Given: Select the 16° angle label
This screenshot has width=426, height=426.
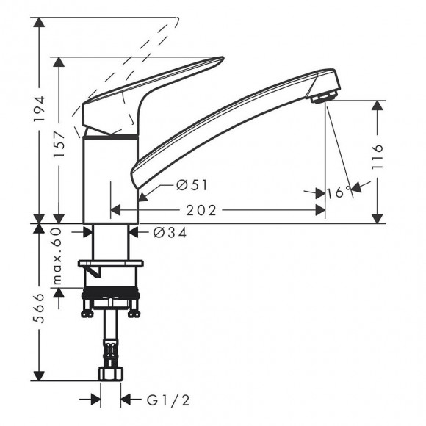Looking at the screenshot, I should pyautogui.click(x=339, y=193).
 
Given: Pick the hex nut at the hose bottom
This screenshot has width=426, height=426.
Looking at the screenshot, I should pyautogui.click(x=111, y=374).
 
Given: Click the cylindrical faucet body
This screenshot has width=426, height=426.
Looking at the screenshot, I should pyautogui.click(x=110, y=180).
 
